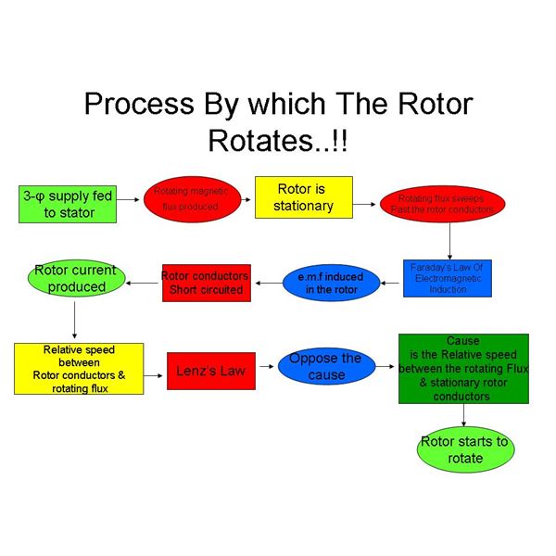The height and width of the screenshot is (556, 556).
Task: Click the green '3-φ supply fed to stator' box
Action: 69,205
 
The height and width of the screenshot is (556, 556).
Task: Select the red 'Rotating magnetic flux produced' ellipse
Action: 185,198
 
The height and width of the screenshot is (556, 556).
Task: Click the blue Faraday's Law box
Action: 449,278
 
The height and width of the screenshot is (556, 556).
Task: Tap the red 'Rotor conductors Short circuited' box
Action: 205,283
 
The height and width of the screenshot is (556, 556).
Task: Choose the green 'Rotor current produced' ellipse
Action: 75,278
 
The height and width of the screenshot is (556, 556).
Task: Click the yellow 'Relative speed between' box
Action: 79,369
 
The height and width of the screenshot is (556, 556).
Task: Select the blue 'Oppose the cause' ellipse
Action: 325,367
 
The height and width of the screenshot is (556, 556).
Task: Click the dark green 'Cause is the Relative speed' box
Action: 462,369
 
